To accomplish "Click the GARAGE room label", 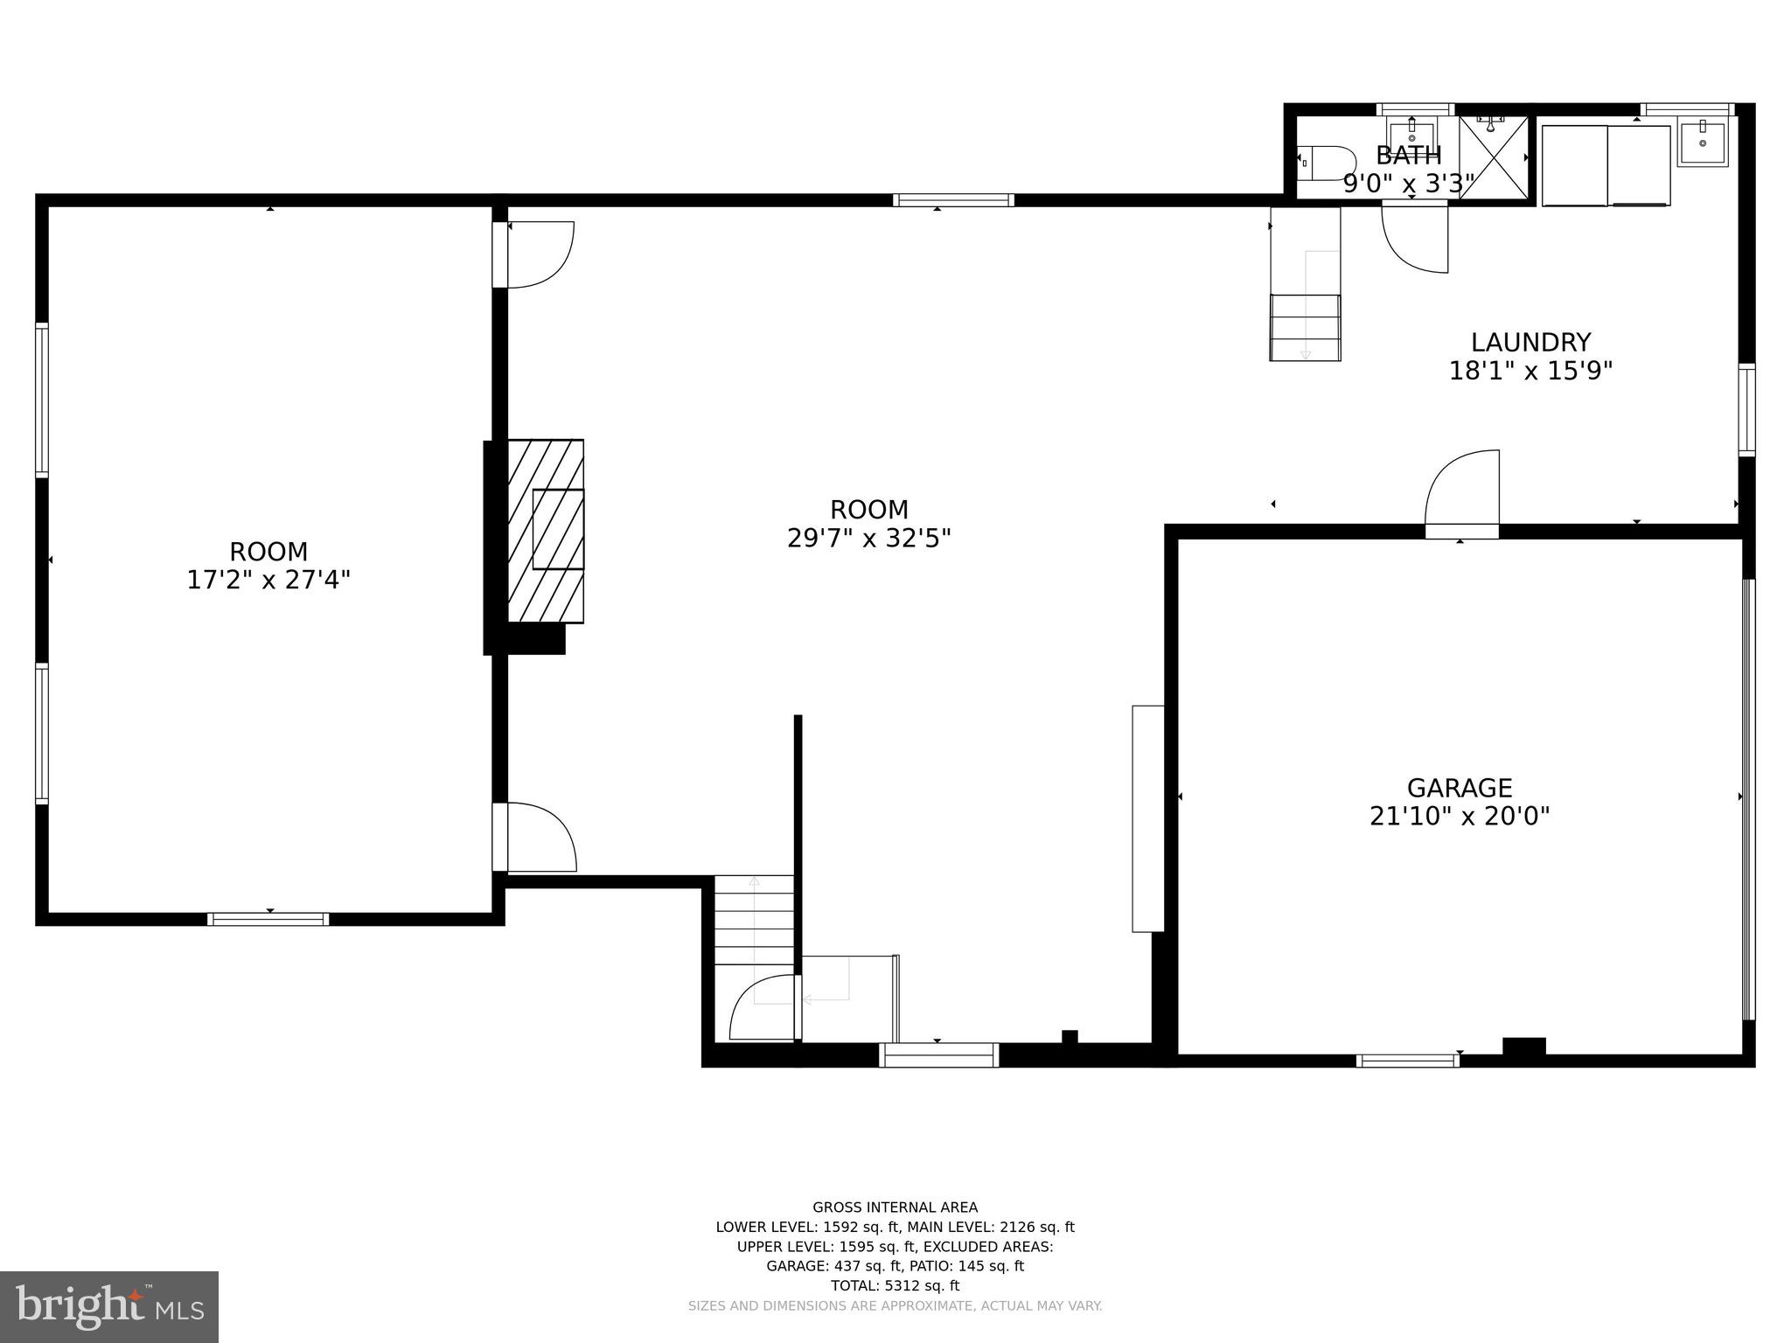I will (x=1459, y=788).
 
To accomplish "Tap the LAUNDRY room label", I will (x=1530, y=342).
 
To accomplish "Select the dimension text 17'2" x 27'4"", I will (x=268, y=580).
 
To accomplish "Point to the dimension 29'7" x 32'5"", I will (x=868, y=538).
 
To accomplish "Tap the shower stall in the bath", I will (x=1494, y=157).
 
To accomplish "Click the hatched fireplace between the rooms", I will (x=546, y=531).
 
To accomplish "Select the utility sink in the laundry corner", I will (x=1702, y=143).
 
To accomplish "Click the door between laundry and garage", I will (x=1462, y=490).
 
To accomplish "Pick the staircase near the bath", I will (x=1305, y=327).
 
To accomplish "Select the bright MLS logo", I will (x=109, y=1306).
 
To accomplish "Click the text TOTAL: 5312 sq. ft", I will (x=895, y=1285).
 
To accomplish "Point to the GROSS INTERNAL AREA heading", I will (x=895, y=1207).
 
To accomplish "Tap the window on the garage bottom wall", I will (x=1407, y=1061).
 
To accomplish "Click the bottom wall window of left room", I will (x=268, y=919).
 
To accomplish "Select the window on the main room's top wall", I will (x=953, y=200).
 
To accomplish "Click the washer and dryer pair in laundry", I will (x=1606, y=165).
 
